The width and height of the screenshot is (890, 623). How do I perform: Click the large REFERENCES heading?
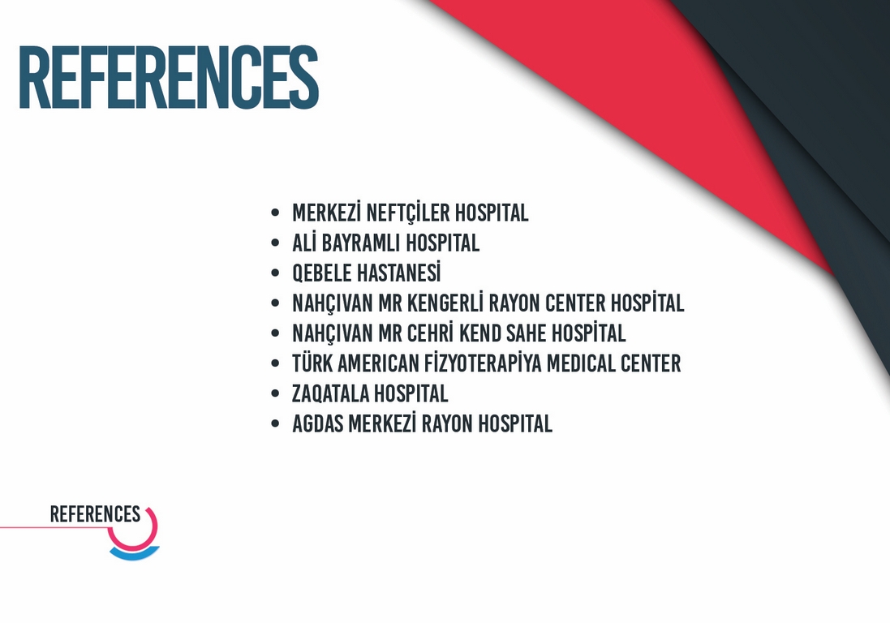pos(169,77)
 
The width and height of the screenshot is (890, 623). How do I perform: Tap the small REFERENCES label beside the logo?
pos(95,514)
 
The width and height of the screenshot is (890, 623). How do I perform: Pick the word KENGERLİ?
pos(445,303)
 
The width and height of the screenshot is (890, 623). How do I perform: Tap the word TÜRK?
pos(312,363)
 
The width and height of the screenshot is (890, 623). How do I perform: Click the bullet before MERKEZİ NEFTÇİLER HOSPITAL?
pos(275,213)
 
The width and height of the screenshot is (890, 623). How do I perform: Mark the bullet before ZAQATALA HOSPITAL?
pos(275,393)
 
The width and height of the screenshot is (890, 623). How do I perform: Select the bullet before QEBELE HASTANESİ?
pos(275,273)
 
